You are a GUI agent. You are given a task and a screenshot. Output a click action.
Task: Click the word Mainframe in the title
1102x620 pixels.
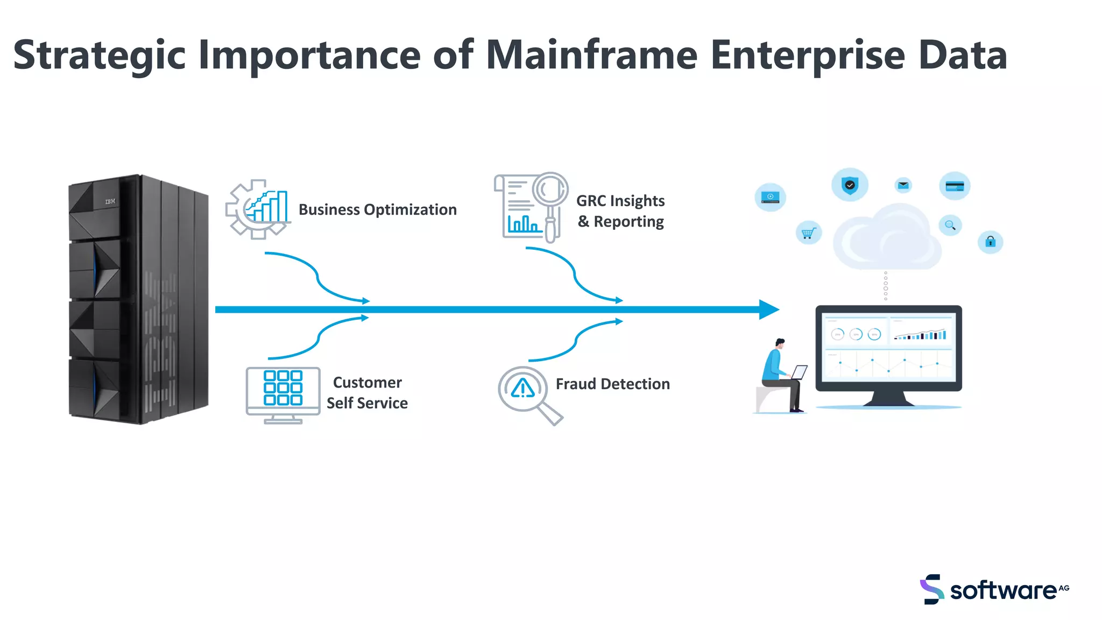coord(591,55)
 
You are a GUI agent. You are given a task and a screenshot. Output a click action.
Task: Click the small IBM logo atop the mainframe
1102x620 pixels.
coord(110,201)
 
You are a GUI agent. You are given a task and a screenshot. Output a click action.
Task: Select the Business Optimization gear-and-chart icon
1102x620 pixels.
coord(257,209)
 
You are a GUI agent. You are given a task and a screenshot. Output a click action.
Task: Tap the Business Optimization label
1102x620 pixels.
coord(377,209)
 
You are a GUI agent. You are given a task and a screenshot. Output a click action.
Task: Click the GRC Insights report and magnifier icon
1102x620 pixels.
coord(531,207)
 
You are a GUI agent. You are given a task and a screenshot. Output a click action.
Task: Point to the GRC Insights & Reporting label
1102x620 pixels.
coord(620,211)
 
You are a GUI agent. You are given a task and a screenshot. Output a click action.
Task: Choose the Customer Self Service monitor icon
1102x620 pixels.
coord(283,394)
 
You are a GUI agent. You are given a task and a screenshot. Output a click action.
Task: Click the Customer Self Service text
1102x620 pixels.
coord(368,392)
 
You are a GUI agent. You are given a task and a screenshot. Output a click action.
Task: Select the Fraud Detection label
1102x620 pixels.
coord(612,384)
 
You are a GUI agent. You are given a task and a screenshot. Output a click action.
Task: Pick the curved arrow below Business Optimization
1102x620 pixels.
coord(317,277)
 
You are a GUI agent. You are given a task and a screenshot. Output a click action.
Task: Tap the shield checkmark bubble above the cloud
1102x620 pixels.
coord(850,185)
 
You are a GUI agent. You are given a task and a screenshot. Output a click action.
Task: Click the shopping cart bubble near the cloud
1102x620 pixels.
coord(808,233)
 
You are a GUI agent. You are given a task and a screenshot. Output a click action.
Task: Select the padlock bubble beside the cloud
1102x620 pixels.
coord(990,242)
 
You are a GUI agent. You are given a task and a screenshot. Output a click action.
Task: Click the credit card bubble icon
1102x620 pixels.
coord(955,186)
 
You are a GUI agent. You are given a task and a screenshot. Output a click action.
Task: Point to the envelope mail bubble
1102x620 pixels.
coord(903,185)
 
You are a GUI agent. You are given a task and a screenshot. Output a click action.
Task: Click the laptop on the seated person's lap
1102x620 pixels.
coord(799,372)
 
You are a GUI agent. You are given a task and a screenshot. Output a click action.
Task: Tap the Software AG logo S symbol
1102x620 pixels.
coord(932,589)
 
